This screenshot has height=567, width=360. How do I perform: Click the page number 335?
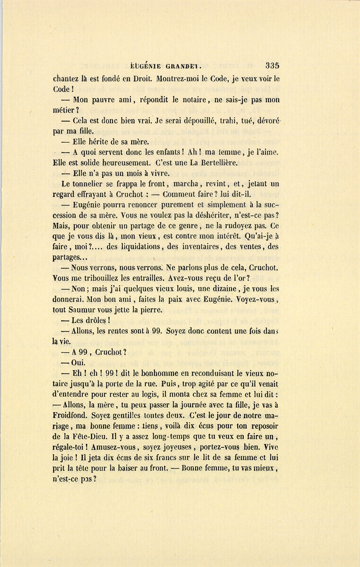pos(272,66)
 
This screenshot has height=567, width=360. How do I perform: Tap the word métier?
pos(63,110)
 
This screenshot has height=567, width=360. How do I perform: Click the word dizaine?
pos(226,289)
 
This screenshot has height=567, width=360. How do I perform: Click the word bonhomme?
pos(153,373)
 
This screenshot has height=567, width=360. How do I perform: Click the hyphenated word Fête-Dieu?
pos(90,437)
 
